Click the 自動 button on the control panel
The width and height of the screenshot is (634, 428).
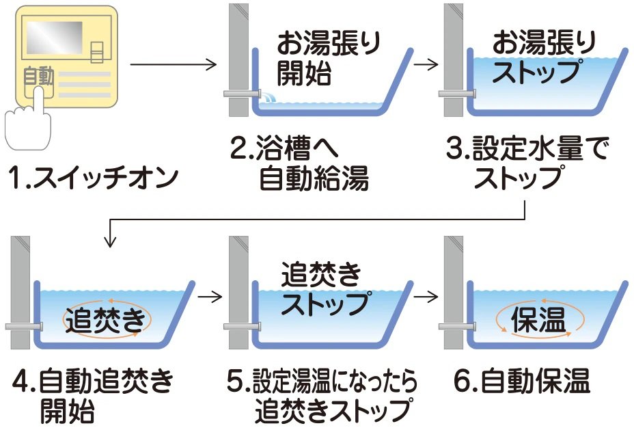(x=38, y=79)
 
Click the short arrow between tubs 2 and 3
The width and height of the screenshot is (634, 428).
(x=425, y=66)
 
